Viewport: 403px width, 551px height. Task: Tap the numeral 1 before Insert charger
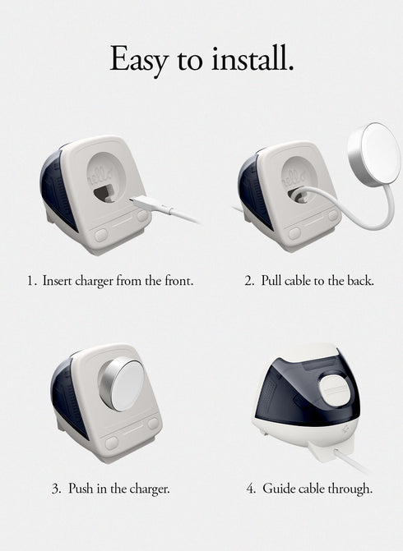[30, 281]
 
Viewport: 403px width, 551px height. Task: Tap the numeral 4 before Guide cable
[251, 489]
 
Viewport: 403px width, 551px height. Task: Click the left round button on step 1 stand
[100, 234]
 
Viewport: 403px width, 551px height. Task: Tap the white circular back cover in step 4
[336, 387]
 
